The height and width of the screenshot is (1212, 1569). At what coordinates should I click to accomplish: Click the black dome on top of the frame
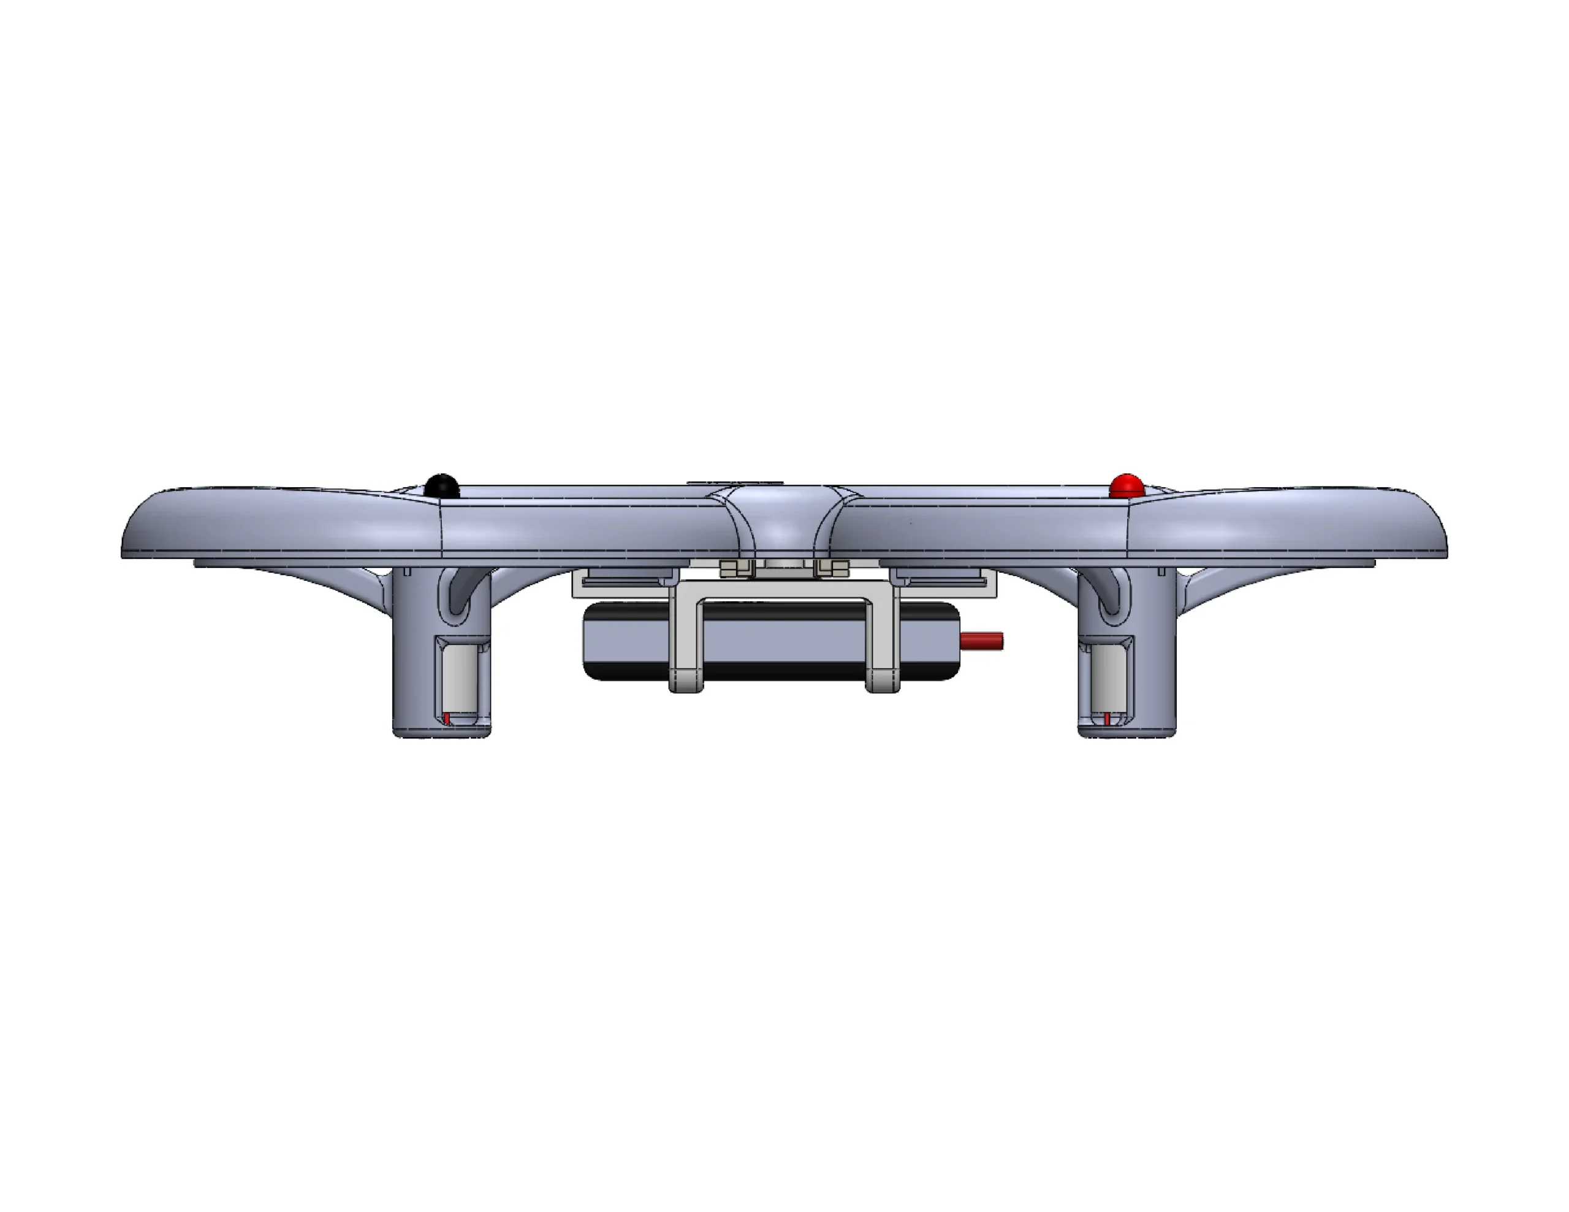[441, 486]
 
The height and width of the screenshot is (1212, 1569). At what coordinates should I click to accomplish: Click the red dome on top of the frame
[1126, 486]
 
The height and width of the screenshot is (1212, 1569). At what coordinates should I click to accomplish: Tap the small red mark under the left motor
[446, 718]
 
